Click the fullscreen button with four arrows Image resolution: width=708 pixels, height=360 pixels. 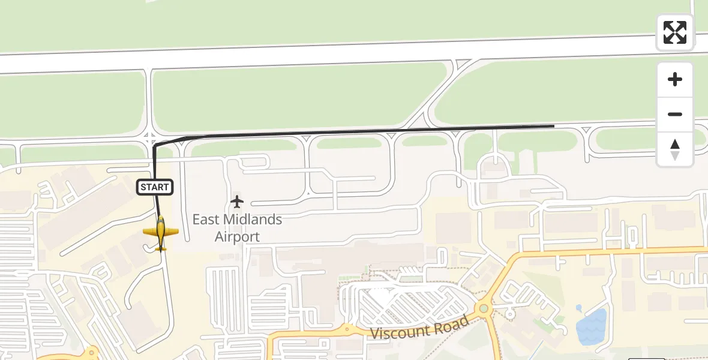(675, 32)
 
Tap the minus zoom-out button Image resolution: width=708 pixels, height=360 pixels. (675, 114)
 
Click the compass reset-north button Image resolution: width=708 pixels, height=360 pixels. (675, 149)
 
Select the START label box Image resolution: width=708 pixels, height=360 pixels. (155, 187)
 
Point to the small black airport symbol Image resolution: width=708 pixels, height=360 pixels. (238, 202)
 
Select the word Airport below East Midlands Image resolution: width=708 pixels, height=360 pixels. (237, 236)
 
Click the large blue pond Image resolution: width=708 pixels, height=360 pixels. (591, 327)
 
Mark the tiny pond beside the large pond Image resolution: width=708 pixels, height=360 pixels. (579, 308)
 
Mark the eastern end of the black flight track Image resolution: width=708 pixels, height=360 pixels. (553, 126)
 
